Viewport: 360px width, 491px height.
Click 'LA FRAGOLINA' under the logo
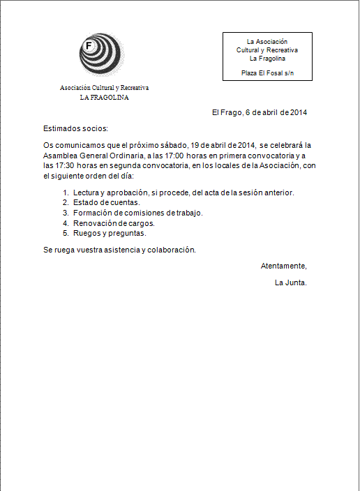[x=104, y=98]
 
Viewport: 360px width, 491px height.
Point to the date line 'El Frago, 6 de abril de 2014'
[x=260, y=112]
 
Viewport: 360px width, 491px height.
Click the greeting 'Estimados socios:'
[x=76, y=128]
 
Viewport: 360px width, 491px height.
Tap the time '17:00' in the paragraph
[x=183, y=156]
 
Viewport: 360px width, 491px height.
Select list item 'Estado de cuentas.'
[x=106, y=202]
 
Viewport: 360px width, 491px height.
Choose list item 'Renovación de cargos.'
[x=113, y=223]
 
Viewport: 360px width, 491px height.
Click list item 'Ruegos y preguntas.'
[x=109, y=234]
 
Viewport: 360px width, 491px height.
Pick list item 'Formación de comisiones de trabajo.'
[x=137, y=213]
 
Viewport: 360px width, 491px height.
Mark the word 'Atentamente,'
[x=283, y=266]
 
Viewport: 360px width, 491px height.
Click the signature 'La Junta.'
[x=291, y=282]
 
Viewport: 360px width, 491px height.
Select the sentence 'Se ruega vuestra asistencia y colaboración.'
[x=119, y=250]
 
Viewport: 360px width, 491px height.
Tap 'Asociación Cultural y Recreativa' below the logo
[x=104, y=89]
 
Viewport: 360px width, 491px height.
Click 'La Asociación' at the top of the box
[x=267, y=42]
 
